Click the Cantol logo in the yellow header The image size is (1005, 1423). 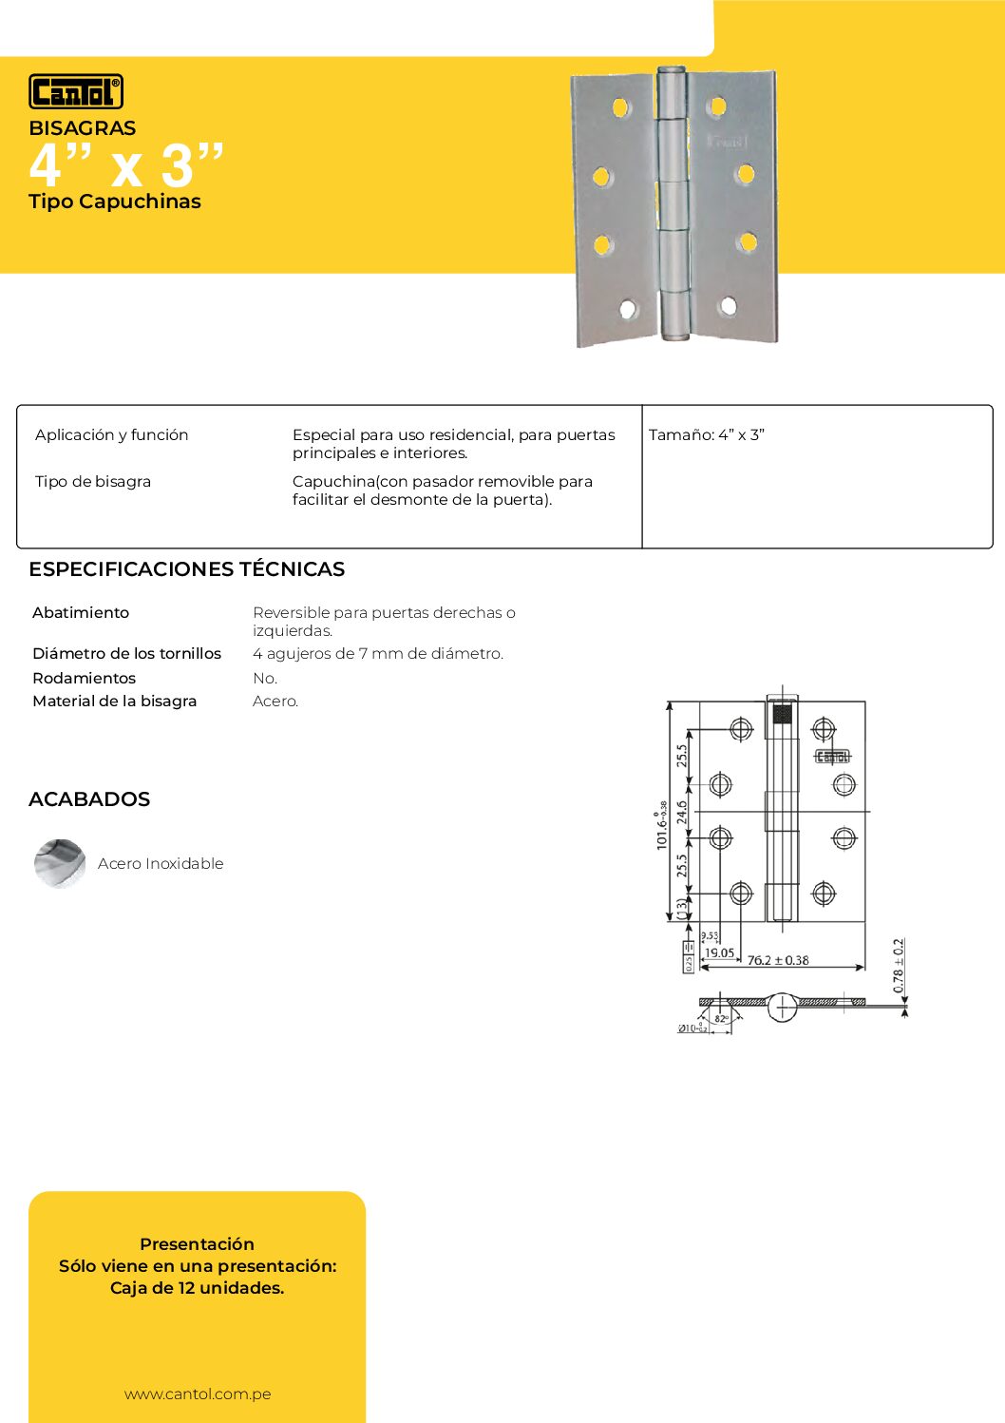coord(76,91)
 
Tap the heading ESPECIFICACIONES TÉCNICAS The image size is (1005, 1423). coord(186,569)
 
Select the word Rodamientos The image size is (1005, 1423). coord(84,678)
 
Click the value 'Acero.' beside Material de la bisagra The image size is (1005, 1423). coord(275,702)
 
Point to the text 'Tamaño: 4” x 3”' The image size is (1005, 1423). coord(707,435)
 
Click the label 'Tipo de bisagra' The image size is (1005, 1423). coord(93,482)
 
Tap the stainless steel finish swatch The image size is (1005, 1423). coord(60,863)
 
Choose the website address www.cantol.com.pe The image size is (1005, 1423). coord(198,1394)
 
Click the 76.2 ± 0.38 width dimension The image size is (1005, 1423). coord(778,960)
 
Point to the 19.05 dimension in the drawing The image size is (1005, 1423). coord(719,952)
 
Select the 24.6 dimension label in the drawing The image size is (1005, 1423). coord(682,813)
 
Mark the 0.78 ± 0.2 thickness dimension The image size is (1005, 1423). coord(899,966)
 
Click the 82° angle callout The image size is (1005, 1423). coord(721,1019)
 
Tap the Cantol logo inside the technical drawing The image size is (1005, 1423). coord(832,757)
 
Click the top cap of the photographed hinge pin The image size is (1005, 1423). coord(671,71)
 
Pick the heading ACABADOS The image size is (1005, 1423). coord(89,799)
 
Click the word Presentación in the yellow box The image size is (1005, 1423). coord(197,1244)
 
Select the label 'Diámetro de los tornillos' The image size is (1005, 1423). coord(126,654)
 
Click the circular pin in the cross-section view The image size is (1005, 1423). coord(782,1007)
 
